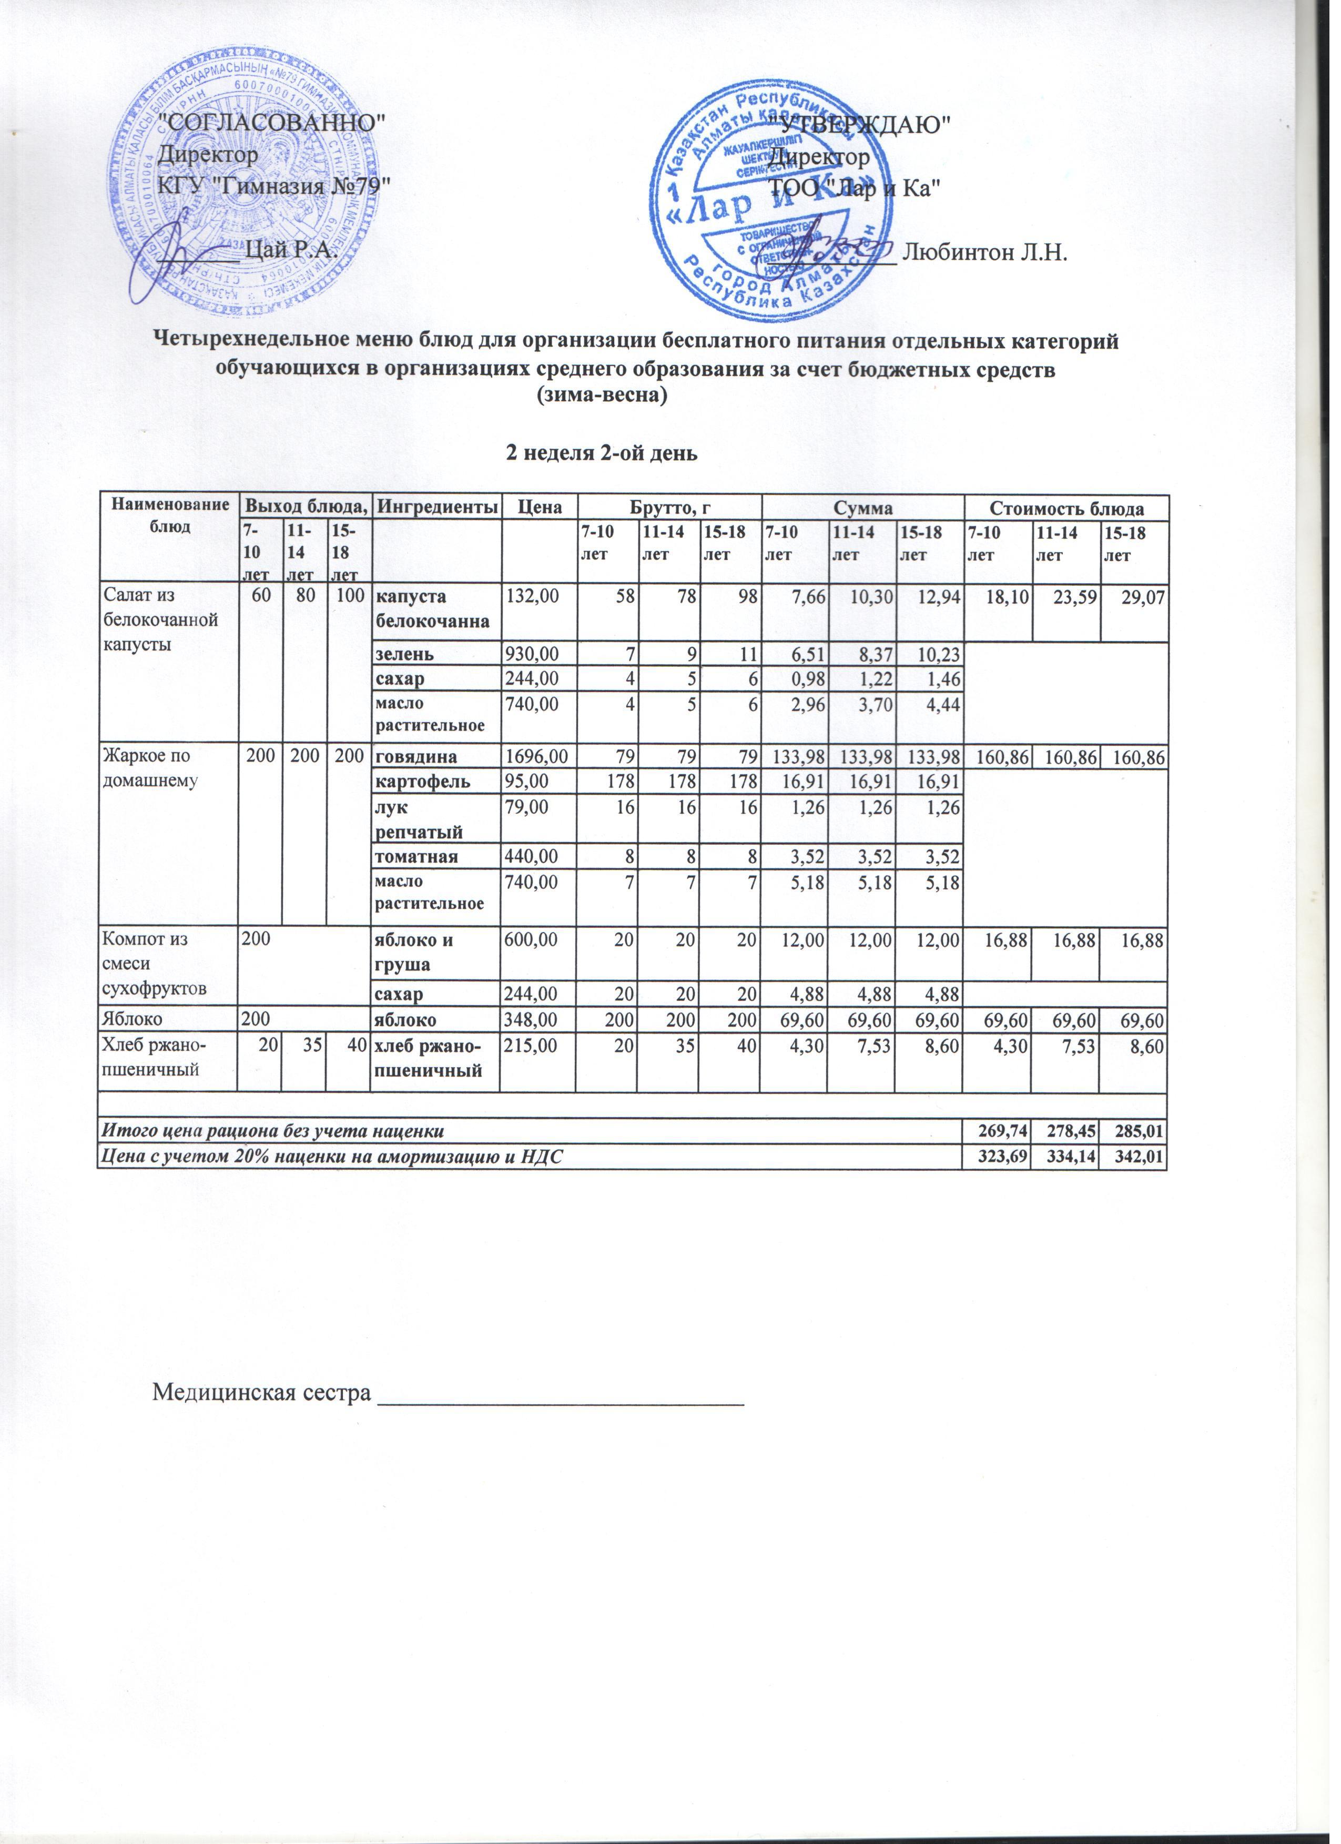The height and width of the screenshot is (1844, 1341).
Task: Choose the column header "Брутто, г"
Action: pyautogui.click(x=670, y=508)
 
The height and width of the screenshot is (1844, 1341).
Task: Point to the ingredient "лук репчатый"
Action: pyautogui.click(x=418, y=819)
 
